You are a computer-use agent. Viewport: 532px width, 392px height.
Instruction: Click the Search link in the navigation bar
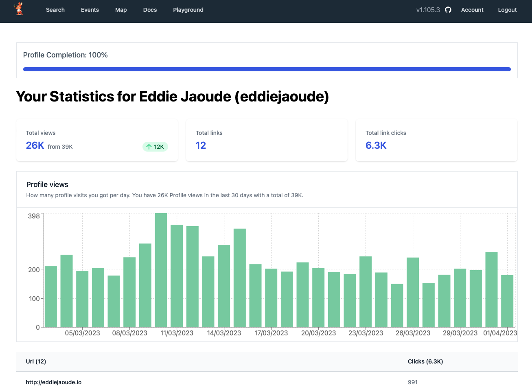pyautogui.click(x=55, y=10)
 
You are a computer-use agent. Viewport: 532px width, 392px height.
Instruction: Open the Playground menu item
pyautogui.click(x=188, y=10)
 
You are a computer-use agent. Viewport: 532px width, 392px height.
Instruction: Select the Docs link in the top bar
pyautogui.click(x=150, y=10)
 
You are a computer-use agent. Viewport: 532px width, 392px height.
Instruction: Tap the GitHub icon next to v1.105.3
pyautogui.click(x=448, y=10)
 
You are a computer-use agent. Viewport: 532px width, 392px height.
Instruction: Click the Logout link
pyautogui.click(x=507, y=10)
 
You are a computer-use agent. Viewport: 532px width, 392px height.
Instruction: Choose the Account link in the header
pyautogui.click(x=472, y=10)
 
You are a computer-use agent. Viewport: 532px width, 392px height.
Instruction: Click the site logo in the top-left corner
pyautogui.click(x=19, y=9)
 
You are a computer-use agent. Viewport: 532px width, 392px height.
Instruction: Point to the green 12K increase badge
pyautogui.click(x=155, y=147)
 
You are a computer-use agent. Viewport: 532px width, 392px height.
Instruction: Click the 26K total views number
pyautogui.click(x=35, y=145)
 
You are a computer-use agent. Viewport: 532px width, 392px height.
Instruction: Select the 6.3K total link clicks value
pyautogui.click(x=376, y=145)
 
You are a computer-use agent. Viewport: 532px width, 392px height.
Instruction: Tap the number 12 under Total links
pyautogui.click(x=201, y=145)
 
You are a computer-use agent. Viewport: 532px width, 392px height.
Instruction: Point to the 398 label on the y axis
pyautogui.click(x=34, y=216)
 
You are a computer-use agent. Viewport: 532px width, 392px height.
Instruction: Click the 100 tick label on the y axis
pyautogui.click(x=34, y=299)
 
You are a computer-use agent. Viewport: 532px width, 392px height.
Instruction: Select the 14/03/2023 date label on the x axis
pyautogui.click(x=224, y=333)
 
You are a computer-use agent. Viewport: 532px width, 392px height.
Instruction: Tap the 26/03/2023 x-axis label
pyautogui.click(x=413, y=333)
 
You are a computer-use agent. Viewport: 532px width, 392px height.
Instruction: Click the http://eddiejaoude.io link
pyautogui.click(x=54, y=382)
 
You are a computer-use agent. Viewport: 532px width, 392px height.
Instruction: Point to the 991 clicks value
pyautogui.click(x=413, y=382)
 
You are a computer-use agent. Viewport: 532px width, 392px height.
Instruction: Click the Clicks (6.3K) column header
pyautogui.click(x=425, y=361)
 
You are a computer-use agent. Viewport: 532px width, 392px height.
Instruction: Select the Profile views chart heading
pyautogui.click(x=47, y=185)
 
